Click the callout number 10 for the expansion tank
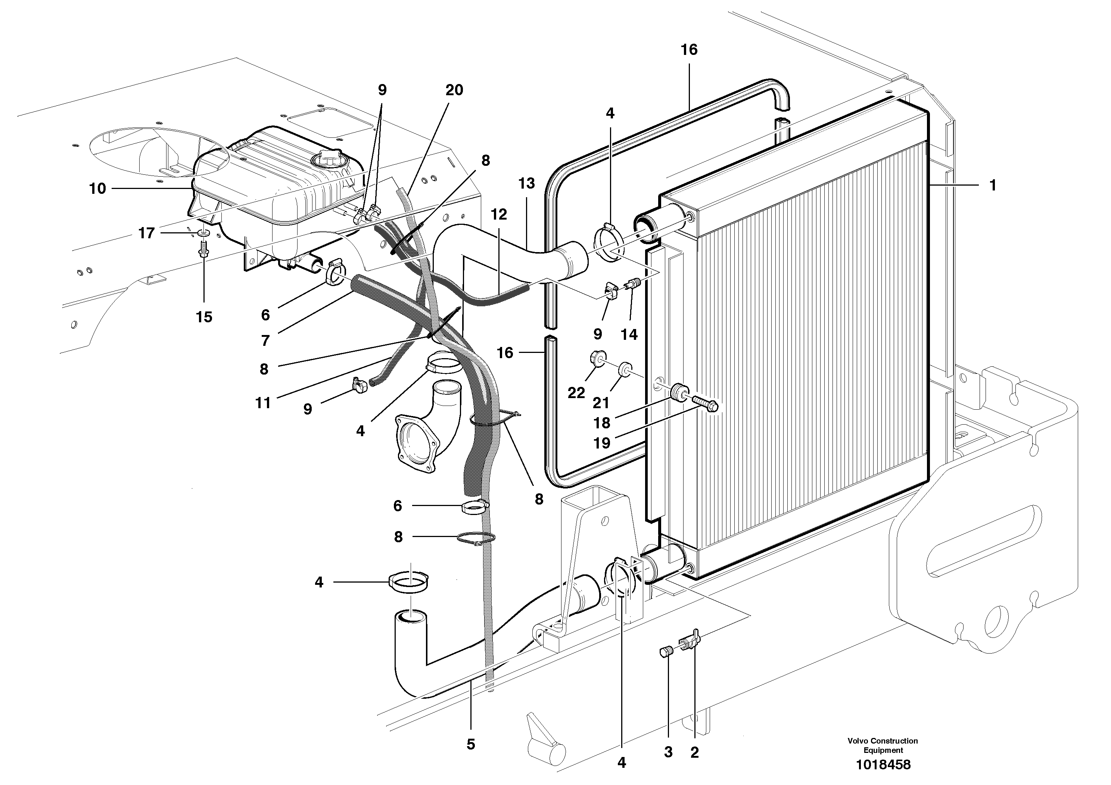tap(97, 188)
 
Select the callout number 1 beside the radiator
tap(992, 185)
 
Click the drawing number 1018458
tap(883, 765)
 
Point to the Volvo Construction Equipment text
tap(883, 745)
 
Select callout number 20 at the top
tap(454, 90)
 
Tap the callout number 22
tap(576, 392)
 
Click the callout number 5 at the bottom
tap(471, 744)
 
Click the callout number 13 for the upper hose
tap(526, 183)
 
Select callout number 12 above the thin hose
tap(498, 214)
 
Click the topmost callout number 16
tap(689, 49)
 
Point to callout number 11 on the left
tap(263, 403)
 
